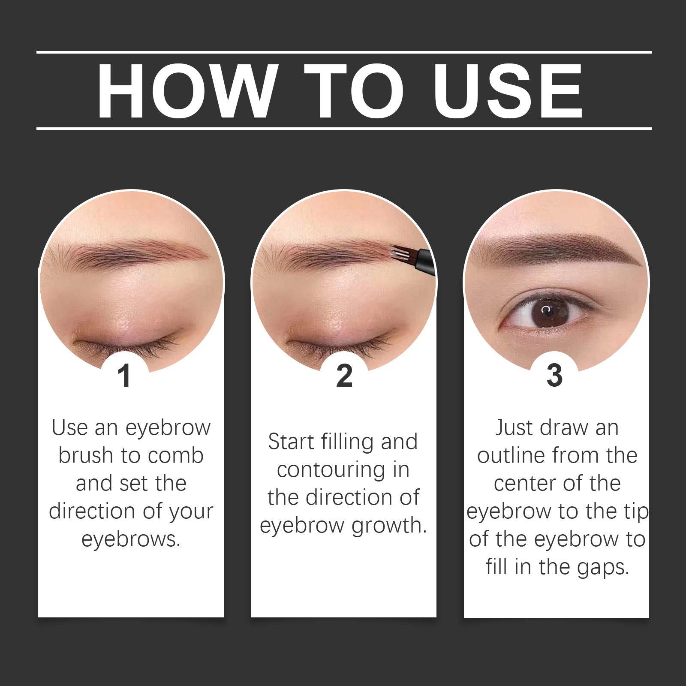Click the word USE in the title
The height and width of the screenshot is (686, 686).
[508, 90]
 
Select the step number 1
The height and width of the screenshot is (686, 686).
[124, 376]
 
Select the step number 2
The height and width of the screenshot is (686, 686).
[344, 376]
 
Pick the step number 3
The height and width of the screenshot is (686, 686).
[554, 376]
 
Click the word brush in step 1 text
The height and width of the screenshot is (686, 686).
[86, 455]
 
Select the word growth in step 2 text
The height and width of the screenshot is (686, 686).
[388, 525]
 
